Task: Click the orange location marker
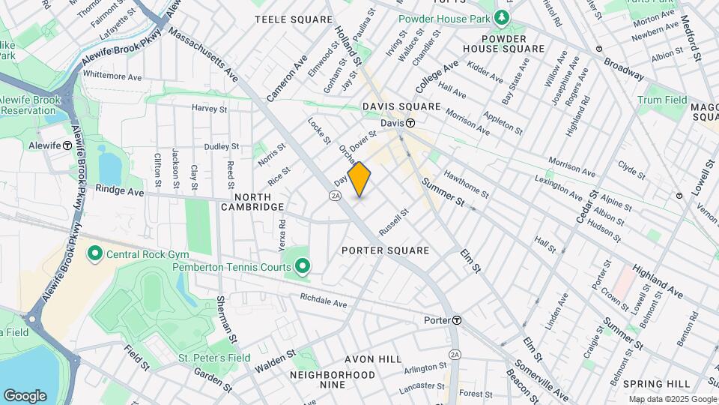pos(359,179)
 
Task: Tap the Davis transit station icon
pos(411,123)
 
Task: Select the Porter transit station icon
pos(456,320)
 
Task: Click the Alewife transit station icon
pos(67,145)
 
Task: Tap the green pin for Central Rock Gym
pos(95,253)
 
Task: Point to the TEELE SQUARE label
pos(294,19)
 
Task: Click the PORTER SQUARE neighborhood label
pos(386,250)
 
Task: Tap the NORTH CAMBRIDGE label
pos(252,201)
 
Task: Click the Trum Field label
pos(662,100)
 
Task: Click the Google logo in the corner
pos(25,395)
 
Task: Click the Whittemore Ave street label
pos(112,76)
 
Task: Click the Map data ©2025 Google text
pos(672,399)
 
